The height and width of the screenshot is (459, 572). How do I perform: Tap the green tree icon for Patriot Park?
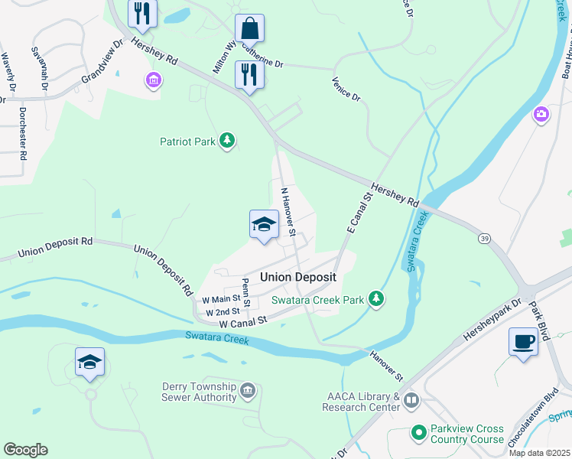click(x=227, y=141)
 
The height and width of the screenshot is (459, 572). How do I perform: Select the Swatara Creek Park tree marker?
click(x=375, y=300)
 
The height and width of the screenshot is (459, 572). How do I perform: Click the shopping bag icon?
click(x=249, y=30)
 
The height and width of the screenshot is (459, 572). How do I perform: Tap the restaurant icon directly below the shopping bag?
click(x=249, y=74)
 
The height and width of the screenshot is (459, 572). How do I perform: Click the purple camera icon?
click(x=541, y=114)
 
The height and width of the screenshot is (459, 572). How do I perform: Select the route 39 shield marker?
click(x=485, y=239)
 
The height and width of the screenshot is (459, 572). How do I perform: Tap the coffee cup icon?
click(x=523, y=342)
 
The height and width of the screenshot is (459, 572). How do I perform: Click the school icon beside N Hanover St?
click(x=264, y=224)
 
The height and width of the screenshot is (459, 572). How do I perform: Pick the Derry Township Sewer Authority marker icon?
click(x=248, y=392)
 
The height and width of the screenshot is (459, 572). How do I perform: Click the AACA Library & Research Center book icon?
click(x=411, y=400)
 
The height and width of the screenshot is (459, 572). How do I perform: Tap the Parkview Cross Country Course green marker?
click(x=418, y=434)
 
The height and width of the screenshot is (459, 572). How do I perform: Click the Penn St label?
click(x=246, y=293)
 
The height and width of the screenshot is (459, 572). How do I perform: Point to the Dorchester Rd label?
click(x=23, y=133)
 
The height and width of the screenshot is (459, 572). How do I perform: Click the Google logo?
click(x=25, y=449)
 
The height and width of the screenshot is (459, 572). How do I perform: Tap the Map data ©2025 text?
click(x=538, y=453)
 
